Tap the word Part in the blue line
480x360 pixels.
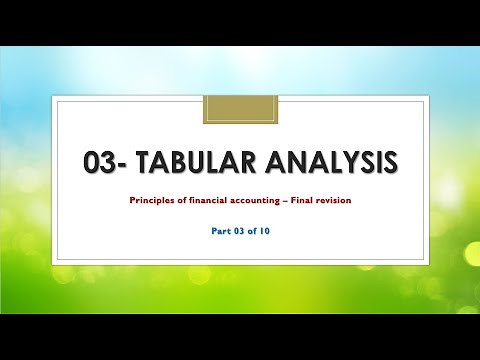pos(213,236)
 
